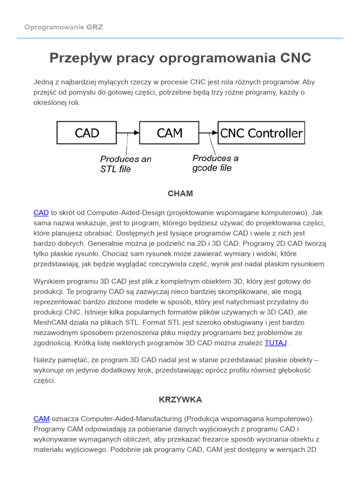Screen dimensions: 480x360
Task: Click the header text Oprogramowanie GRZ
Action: (x=64, y=27)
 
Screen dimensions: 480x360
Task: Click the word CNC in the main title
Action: (x=295, y=58)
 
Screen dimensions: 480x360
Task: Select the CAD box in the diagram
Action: (x=87, y=133)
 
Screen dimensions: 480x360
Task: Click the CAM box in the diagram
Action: (x=169, y=133)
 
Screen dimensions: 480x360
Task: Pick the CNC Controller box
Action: (x=261, y=133)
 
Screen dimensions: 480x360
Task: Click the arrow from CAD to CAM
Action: (x=127, y=133)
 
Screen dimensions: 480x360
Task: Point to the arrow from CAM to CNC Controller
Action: (x=208, y=133)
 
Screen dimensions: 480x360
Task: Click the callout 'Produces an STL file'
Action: (x=126, y=164)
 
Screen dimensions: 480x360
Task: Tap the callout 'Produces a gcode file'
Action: (x=215, y=163)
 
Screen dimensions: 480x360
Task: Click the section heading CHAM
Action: (x=180, y=194)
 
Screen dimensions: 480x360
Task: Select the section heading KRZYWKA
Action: (x=180, y=400)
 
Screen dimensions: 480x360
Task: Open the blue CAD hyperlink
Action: (x=41, y=213)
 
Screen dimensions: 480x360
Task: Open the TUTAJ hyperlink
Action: (x=276, y=343)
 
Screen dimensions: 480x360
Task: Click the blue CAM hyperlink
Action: (x=41, y=419)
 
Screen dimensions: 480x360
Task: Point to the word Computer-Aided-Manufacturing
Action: (x=131, y=419)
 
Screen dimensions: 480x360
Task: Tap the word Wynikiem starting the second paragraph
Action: (x=50, y=281)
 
